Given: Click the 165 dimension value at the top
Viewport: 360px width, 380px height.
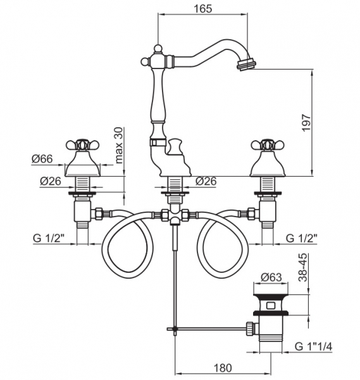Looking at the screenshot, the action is click(x=202, y=9).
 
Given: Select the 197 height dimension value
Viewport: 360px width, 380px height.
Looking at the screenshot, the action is click(x=306, y=123).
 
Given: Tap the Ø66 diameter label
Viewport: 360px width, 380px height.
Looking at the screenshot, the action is click(x=42, y=159).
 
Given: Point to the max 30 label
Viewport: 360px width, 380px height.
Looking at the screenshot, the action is click(x=119, y=146).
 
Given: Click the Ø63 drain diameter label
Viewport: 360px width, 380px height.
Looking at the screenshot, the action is click(x=271, y=277).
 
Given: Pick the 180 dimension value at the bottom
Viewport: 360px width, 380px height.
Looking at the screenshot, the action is click(x=223, y=368).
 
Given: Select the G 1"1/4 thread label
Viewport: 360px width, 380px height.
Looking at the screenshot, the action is click(x=313, y=346).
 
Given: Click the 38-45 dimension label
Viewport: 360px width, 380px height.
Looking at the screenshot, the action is click(x=302, y=267).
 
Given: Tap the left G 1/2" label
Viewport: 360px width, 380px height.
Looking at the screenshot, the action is click(x=49, y=239).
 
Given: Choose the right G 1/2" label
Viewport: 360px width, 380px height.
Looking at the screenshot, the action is click(x=301, y=239).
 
